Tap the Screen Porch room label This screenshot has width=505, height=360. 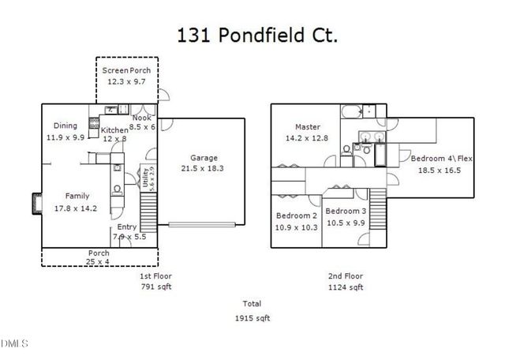(126, 70)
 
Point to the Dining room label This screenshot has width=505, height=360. (65, 126)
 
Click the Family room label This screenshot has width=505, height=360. (77, 196)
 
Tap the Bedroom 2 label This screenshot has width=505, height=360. (297, 216)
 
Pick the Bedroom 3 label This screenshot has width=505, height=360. (346, 212)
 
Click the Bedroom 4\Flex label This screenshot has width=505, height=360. (440, 159)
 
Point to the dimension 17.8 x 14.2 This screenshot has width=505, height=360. (77, 208)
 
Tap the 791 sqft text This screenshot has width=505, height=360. (155, 287)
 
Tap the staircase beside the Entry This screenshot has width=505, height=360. (148, 212)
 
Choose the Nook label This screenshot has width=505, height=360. (142, 118)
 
